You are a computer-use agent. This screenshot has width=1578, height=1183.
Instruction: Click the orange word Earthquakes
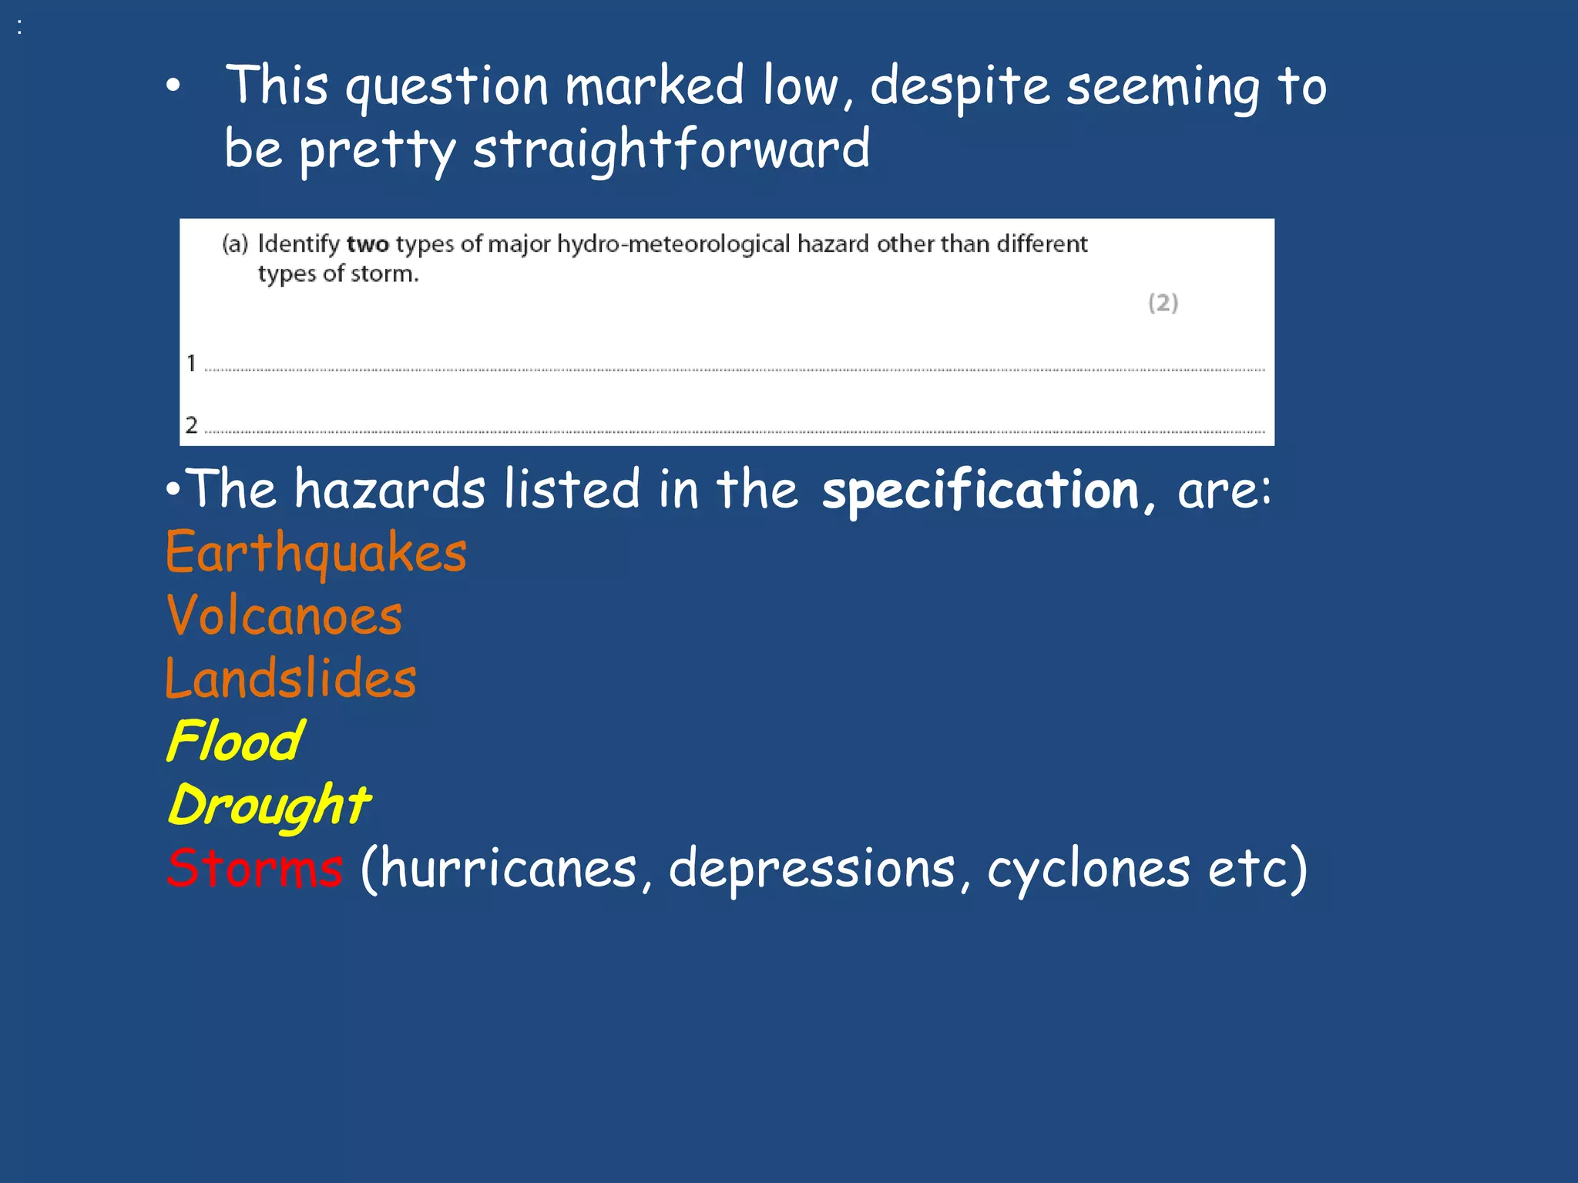tap(316, 552)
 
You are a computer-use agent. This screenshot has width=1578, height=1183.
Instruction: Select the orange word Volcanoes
tap(284, 615)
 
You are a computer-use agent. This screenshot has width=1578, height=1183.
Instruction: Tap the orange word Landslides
tap(290, 679)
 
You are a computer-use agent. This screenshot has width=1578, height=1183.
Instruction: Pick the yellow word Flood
tap(235, 741)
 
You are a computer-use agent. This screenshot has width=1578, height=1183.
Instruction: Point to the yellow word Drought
tap(269, 805)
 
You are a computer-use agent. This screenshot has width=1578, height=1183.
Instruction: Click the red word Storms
tap(255, 868)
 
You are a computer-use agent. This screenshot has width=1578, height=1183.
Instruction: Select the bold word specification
tap(980, 491)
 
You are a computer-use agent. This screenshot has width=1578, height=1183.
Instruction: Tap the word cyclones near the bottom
tap(1088, 868)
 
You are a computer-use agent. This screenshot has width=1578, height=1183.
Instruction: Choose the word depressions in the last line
tap(811, 868)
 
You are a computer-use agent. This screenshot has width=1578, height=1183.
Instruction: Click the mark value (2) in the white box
tap(1163, 303)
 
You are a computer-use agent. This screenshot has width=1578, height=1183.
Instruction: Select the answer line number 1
tap(191, 363)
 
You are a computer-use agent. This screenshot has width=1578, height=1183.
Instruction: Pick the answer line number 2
tap(191, 424)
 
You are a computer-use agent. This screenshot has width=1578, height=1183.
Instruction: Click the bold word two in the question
tap(368, 244)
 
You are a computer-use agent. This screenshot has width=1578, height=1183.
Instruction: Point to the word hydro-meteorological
tap(673, 244)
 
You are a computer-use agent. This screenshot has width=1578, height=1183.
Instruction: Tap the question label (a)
tap(235, 244)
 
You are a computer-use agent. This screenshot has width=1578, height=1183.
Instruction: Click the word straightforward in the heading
tap(671, 149)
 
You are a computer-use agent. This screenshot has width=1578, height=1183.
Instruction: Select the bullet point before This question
tap(173, 86)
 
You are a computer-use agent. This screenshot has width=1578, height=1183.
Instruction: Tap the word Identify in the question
tap(298, 244)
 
